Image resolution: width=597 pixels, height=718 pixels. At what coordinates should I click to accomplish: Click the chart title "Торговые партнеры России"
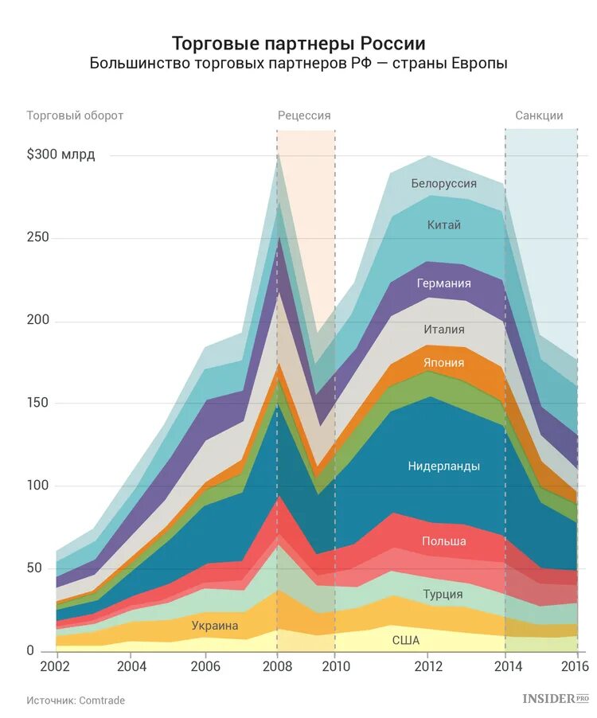(298, 43)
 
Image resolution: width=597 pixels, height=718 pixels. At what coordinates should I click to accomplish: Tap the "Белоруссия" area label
(443, 184)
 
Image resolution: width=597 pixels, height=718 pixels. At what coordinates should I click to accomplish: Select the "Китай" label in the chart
(443, 225)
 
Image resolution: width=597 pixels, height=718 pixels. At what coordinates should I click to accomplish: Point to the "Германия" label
(443, 283)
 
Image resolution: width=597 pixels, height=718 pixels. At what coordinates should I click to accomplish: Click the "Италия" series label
(443, 329)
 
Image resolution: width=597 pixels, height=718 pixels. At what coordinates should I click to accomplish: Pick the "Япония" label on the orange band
(443, 363)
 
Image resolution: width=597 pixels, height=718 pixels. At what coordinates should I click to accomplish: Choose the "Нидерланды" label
(443, 466)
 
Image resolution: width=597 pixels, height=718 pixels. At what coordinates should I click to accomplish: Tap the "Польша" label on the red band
(443, 541)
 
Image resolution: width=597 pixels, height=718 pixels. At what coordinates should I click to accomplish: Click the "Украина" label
(215, 626)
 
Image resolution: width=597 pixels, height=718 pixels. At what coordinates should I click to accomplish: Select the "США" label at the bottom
(406, 640)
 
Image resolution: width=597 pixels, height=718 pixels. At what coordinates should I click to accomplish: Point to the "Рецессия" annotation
(304, 115)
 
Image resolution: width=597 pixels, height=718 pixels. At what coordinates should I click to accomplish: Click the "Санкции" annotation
(539, 115)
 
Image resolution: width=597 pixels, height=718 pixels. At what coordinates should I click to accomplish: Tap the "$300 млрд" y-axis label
(60, 154)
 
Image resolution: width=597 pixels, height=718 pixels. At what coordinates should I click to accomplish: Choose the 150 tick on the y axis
(37, 403)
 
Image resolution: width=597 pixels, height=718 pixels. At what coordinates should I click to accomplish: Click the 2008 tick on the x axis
(277, 665)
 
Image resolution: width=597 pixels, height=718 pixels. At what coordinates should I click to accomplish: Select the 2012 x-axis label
(429, 665)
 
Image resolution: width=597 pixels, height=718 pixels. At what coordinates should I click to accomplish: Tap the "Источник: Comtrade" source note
(76, 700)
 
